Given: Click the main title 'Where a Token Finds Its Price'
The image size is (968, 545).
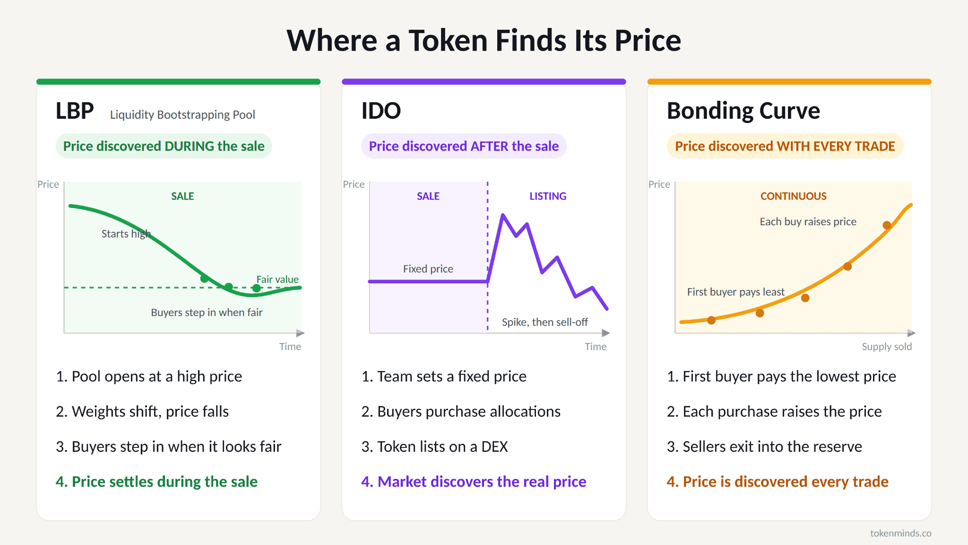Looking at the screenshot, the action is click(484, 40).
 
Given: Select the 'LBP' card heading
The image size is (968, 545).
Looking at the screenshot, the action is click(75, 111).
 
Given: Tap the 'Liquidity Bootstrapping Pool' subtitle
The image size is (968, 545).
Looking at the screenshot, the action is click(182, 115).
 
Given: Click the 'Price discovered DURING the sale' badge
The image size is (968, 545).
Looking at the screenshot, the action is click(164, 146).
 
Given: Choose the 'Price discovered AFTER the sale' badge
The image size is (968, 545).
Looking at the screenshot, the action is click(464, 146).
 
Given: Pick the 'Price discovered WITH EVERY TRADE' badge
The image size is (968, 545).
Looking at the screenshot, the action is click(785, 146).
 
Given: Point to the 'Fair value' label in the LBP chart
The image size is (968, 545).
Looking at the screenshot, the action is click(277, 280).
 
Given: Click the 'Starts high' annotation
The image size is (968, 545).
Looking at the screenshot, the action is click(126, 234).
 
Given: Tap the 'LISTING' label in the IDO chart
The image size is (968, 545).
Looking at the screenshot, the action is click(548, 196).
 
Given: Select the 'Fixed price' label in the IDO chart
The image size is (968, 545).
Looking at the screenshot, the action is click(428, 269).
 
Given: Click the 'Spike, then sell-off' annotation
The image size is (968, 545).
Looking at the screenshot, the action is click(545, 322).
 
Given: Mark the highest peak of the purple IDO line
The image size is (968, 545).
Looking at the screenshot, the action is click(503, 215).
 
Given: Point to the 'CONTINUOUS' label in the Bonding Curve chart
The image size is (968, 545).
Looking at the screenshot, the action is click(794, 196).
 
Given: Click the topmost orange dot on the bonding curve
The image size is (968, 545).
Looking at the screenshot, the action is click(887, 225).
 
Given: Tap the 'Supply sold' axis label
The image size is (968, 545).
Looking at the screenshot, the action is click(887, 347).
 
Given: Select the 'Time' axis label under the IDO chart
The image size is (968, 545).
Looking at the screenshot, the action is click(596, 347).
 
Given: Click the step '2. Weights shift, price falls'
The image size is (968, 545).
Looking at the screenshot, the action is click(142, 412).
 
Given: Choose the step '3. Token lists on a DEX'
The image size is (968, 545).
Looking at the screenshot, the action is click(435, 447).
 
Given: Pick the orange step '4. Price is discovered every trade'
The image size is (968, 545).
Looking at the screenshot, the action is click(778, 482).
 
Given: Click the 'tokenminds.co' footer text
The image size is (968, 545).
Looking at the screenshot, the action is click(901, 533).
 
